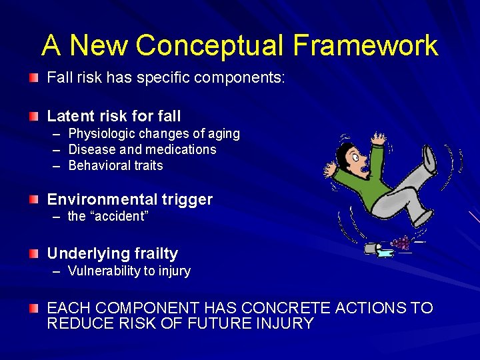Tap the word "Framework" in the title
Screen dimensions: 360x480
[365, 45]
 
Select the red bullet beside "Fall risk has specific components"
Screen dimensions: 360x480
[34, 79]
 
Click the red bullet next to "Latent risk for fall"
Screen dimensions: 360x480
[34, 117]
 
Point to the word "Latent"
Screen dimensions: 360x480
[69, 117]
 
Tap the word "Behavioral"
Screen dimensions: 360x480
[99, 165]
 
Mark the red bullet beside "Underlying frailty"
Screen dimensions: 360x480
[34, 253]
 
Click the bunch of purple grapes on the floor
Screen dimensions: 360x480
[401, 243]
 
